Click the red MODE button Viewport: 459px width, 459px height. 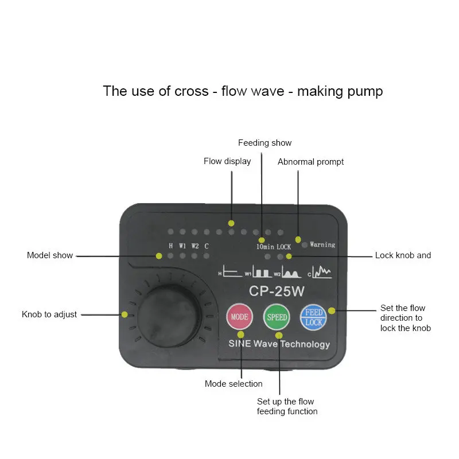[x=240, y=317]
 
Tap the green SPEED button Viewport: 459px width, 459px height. [x=277, y=317]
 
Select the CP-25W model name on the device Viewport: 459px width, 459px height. [x=277, y=291]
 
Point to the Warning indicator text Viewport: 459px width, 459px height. [x=322, y=244]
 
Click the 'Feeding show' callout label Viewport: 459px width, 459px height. [x=264, y=143]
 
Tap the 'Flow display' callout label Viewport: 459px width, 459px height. [x=227, y=161]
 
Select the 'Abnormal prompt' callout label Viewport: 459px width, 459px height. [x=310, y=162]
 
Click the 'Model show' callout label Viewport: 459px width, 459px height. [x=50, y=255]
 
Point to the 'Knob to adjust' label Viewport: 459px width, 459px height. [x=49, y=314]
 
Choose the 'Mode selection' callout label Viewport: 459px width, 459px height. [x=234, y=384]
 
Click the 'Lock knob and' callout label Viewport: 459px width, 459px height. [x=403, y=255]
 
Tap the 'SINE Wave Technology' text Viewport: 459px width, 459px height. [x=279, y=344]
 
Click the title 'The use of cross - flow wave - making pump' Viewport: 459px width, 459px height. [x=243, y=91]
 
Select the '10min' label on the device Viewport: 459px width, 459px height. [x=265, y=247]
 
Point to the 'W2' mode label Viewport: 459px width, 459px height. [x=195, y=246]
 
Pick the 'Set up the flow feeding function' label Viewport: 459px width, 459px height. [x=287, y=406]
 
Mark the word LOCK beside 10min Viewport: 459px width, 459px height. [x=284, y=247]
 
